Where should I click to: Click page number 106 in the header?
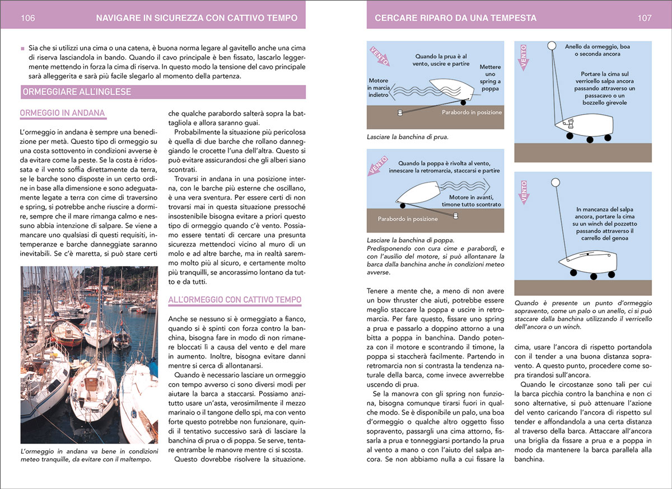pyautogui.click(x=28, y=18)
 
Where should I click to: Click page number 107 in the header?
pyautogui.click(x=645, y=18)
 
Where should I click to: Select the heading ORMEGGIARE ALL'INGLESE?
pyautogui.click(x=76, y=92)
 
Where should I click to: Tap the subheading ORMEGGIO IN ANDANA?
pyautogui.click(x=62, y=114)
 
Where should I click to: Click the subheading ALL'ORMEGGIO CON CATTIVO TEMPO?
pyautogui.click(x=235, y=300)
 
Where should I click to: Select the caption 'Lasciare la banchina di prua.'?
pyautogui.click(x=407, y=136)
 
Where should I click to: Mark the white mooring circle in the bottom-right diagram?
pyautogui.click(x=556, y=182)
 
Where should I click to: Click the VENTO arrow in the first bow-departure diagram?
pyautogui.click(x=381, y=56)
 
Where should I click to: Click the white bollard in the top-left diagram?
pyautogui.click(x=400, y=113)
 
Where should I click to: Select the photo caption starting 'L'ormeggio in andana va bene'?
pyautogui.click(x=86, y=455)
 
